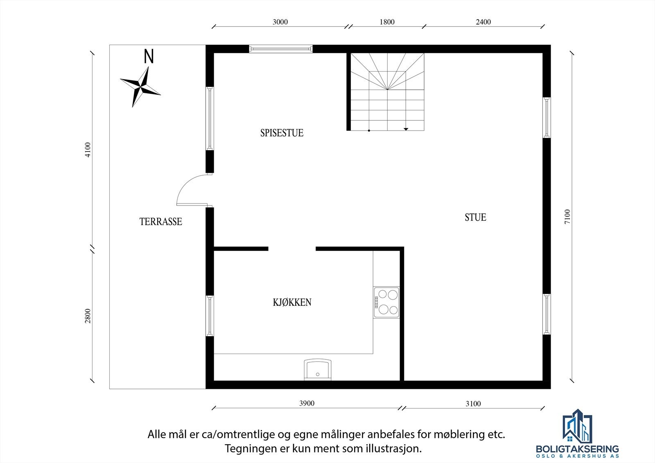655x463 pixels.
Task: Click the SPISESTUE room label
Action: [x=282, y=133]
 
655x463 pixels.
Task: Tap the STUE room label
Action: [x=475, y=217]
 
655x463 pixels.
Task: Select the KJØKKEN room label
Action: [x=292, y=303]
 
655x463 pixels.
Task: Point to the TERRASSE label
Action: [x=160, y=222]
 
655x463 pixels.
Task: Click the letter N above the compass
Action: [x=149, y=56]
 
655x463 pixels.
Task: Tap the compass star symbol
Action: [x=140, y=87]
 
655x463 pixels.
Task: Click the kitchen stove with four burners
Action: [x=386, y=302]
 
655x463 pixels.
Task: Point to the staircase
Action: [x=387, y=92]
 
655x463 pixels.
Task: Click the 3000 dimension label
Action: [x=280, y=22]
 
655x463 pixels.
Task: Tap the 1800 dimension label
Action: [x=387, y=22]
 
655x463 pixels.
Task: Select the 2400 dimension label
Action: [x=483, y=22]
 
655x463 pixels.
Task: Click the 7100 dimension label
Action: [x=567, y=216]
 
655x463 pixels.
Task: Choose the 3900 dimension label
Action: [x=307, y=404]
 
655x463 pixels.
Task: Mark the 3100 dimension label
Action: [x=473, y=404]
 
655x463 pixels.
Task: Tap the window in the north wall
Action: [x=281, y=49]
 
